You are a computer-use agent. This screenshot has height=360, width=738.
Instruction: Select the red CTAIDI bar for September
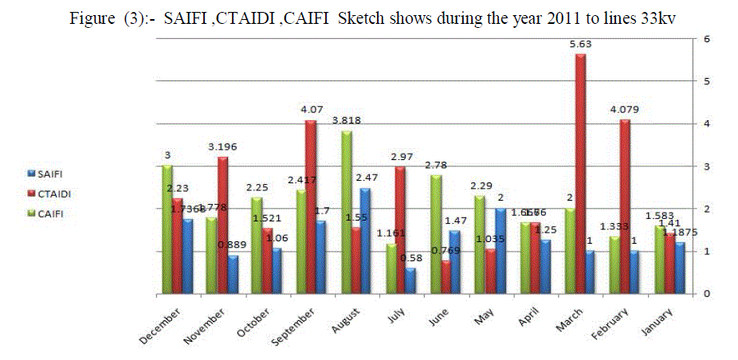pyautogui.click(x=311, y=206)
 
